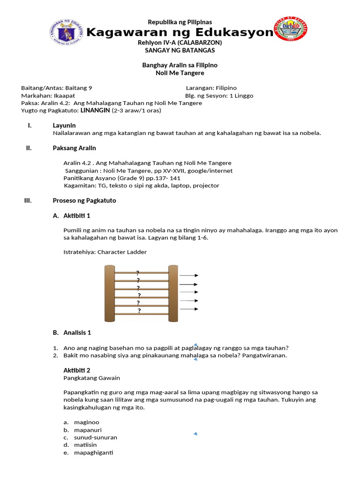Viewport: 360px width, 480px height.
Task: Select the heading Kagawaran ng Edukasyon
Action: (x=180, y=32)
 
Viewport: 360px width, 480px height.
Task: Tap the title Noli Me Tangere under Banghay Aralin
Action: (x=180, y=73)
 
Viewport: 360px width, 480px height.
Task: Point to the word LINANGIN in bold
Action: (x=95, y=111)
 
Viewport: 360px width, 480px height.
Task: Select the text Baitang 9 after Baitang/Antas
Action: (x=82, y=88)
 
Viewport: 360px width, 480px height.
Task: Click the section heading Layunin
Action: (x=64, y=126)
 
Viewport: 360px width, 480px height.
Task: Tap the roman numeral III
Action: (x=28, y=201)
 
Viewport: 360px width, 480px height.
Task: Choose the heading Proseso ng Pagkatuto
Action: (x=84, y=201)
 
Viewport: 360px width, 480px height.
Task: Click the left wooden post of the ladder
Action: (x=109, y=293)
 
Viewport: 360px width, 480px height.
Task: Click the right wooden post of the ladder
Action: (x=173, y=293)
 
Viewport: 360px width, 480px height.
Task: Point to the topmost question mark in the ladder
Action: (x=137, y=273)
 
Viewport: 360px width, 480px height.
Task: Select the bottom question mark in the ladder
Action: (x=139, y=310)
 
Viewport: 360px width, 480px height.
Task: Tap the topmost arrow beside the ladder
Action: (x=189, y=276)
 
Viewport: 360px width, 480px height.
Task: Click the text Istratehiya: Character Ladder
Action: (x=105, y=252)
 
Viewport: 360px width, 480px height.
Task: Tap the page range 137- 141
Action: (x=169, y=178)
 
